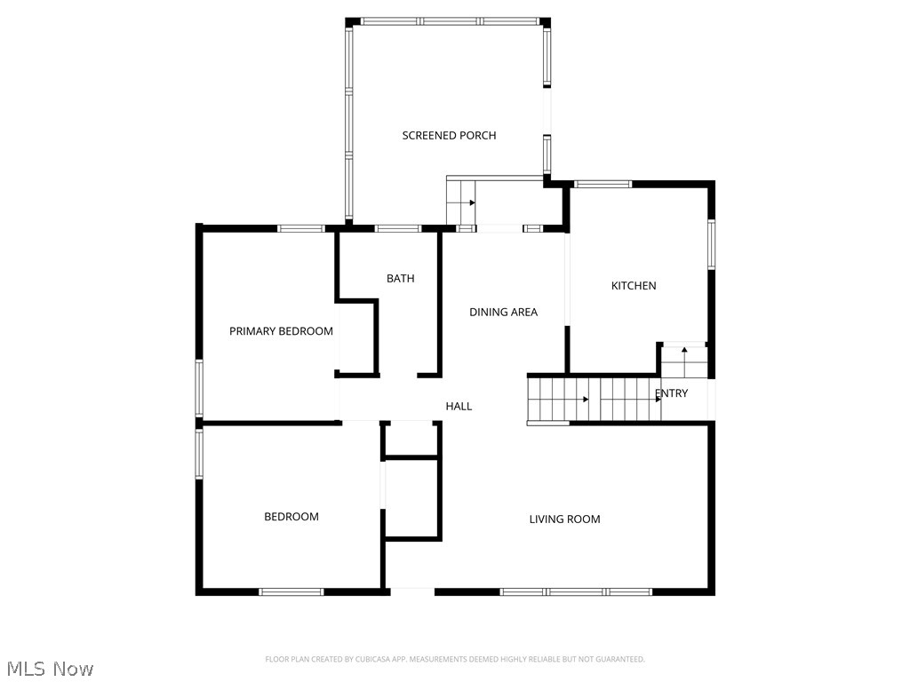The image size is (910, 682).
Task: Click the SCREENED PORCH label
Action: coord(449,136)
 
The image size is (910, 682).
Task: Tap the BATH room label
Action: coord(400,279)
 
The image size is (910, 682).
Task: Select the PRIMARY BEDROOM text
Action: coord(281,331)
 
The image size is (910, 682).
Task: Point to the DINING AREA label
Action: coord(503,312)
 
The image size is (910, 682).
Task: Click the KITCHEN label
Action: coord(634,286)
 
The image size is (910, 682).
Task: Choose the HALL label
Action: coord(459,406)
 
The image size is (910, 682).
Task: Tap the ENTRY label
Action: coord(671,393)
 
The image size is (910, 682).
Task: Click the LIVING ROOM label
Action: coord(564,519)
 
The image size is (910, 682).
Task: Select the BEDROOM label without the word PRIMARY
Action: coord(291,517)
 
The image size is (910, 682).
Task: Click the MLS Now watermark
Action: coord(49,668)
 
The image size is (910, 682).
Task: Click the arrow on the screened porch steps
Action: coord(472,203)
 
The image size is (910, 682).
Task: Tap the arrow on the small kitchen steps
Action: coord(683,351)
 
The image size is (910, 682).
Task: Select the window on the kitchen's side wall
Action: coord(711,244)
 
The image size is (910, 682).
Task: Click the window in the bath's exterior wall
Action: coord(397,229)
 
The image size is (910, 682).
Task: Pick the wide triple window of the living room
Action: coord(576,591)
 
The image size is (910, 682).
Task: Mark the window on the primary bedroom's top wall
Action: coord(300,229)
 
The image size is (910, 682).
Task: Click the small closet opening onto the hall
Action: coord(411,440)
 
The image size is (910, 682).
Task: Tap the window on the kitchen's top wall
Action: coord(603,185)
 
